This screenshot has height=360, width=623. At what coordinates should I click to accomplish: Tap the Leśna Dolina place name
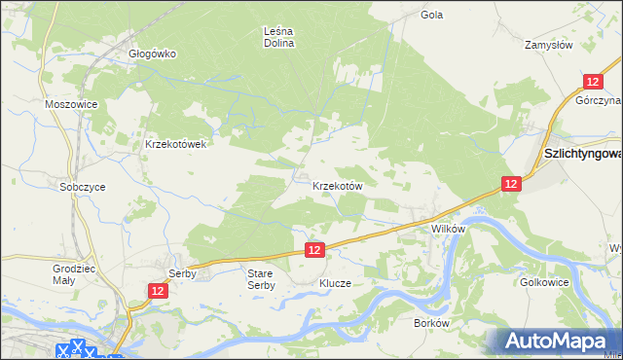pos(279,37)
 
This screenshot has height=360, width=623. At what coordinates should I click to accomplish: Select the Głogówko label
pos(152,54)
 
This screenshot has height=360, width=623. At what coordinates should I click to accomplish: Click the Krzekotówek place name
pos(175,144)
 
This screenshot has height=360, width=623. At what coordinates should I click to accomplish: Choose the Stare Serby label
pos(261,279)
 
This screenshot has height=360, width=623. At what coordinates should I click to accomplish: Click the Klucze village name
pos(335,284)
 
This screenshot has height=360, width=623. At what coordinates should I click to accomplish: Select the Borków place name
pos(430,322)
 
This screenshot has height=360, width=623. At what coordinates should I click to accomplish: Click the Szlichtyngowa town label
pos(582,154)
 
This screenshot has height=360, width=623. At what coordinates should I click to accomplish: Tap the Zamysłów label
pos(549,45)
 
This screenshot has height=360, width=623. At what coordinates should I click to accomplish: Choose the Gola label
pos(432,16)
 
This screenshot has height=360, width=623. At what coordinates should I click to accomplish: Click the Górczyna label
pos(598,100)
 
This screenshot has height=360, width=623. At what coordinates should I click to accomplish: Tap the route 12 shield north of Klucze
pos(313,250)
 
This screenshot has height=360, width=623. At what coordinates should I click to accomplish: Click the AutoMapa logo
pos(555,342)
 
